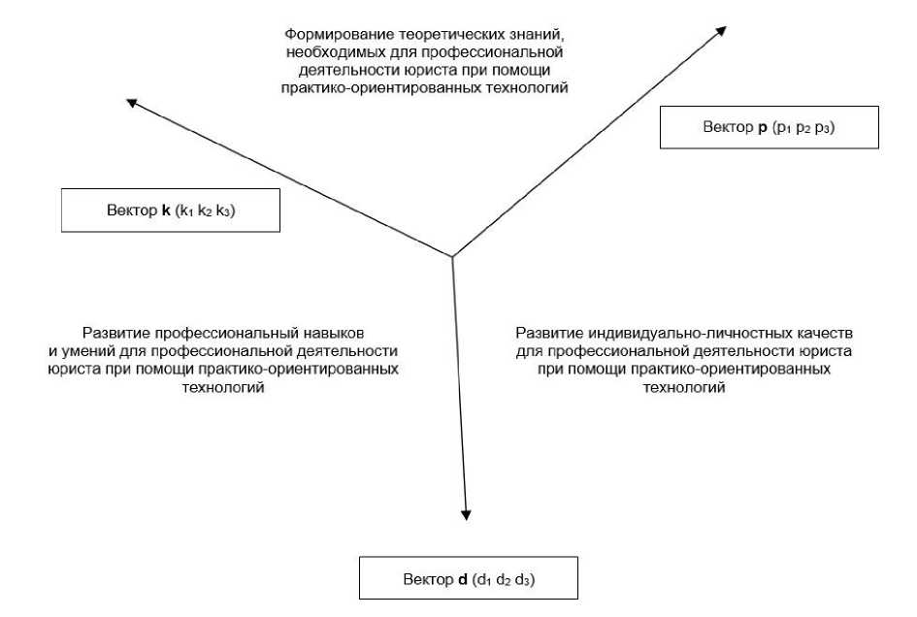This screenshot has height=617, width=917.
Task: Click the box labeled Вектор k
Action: pyautogui.click(x=170, y=211)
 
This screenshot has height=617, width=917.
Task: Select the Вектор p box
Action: pyautogui.click(x=769, y=127)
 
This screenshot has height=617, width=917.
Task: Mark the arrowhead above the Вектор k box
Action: pyautogui.click(x=132, y=102)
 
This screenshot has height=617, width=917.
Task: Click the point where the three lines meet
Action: pyautogui.click(x=452, y=256)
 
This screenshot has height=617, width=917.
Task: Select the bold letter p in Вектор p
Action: pyautogui.click(x=764, y=127)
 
